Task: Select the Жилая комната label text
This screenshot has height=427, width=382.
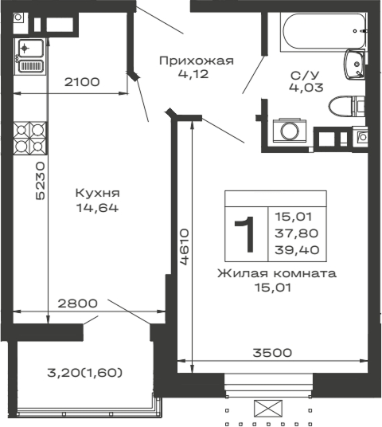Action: [x=275, y=272]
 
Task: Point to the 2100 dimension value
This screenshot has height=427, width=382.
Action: [x=81, y=82]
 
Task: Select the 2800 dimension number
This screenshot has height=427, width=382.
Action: [x=77, y=303]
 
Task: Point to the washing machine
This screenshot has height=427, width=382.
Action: [x=284, y=131]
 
